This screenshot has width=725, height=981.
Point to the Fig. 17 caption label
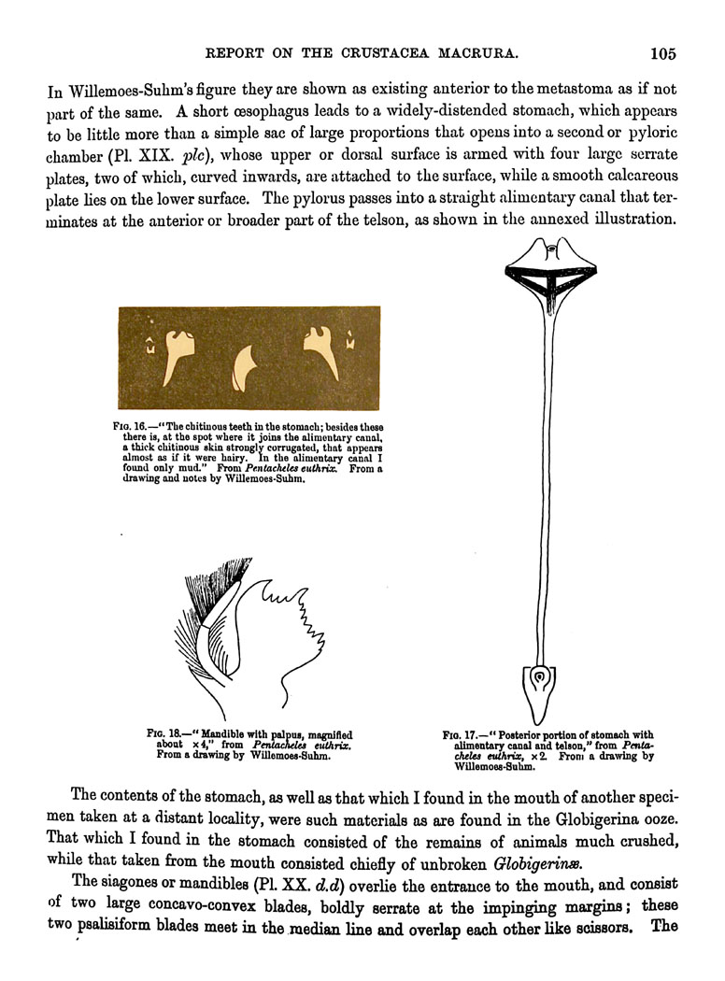click(460, 734)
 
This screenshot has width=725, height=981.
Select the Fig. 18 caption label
click(163, 734)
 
